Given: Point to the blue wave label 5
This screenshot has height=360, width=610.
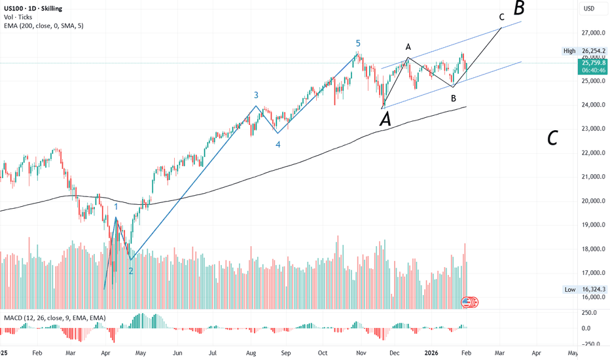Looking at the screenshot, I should [x=358, y=43].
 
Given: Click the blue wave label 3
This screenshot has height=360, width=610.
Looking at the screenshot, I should [x=257, y=95].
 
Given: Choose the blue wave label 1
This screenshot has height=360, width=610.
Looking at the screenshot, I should [x=117, y=207].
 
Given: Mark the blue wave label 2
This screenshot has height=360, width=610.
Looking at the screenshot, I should [x=131, y=270].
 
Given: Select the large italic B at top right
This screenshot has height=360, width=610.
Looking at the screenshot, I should [x=519, y=9].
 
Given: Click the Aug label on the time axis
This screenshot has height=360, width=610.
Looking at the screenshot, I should [x=249, y=352].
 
